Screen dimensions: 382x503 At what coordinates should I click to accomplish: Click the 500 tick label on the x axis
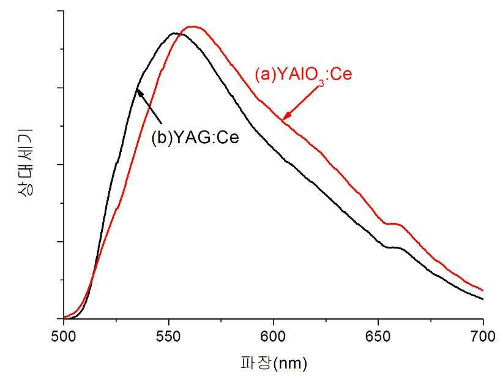pos(63,336)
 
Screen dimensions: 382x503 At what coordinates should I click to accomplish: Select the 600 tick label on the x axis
pos(273,336)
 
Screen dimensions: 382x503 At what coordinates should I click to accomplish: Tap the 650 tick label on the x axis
pos(378,336)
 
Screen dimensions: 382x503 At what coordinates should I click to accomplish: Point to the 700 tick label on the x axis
pos(482,336)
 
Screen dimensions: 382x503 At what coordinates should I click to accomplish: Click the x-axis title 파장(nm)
pos(272,364)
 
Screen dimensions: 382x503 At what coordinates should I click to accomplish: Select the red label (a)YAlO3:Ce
pos(303,75)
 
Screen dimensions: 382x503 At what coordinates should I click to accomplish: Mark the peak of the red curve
pos(193,26)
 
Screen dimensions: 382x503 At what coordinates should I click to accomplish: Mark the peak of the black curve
pos(176,33)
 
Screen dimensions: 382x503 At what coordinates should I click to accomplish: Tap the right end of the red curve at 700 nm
pos(483,290)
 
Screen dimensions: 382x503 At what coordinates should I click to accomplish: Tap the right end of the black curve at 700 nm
pos(483,299)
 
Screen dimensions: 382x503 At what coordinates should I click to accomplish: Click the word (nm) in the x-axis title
pos(291,364)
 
